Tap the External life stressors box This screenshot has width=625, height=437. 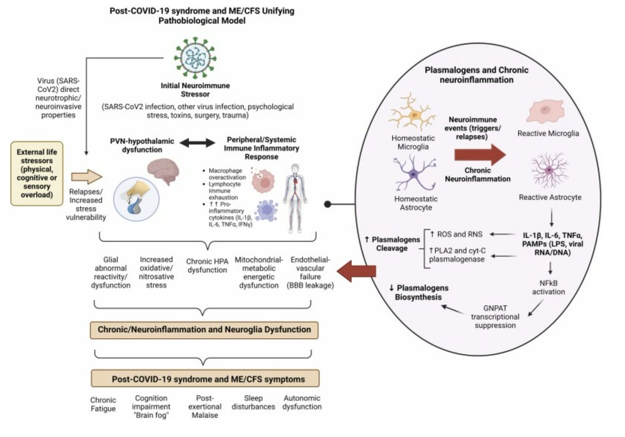coord(36,171)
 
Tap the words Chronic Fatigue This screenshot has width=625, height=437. coord(103,405)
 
